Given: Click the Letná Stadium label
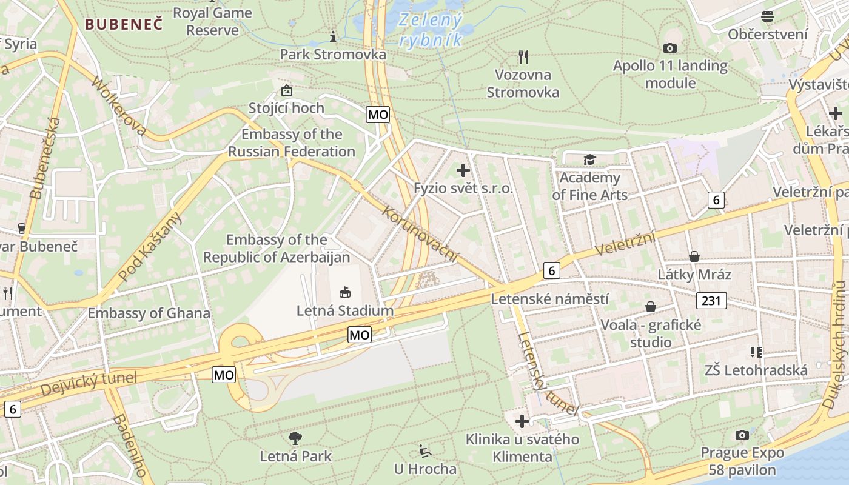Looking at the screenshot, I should [344, 311].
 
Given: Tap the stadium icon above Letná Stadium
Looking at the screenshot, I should [344, 293].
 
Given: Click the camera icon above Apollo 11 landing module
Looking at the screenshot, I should [670, 48].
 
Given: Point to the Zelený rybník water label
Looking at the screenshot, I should [431, 30].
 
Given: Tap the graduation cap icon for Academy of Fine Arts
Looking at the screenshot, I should [589, 159].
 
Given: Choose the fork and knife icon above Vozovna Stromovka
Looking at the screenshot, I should [523, 57].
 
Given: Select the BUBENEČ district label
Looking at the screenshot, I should [124, 24].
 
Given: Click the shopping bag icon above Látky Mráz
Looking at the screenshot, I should [694, 256].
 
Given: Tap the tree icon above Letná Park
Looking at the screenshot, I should [295, 438].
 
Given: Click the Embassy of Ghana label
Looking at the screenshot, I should [149, 313].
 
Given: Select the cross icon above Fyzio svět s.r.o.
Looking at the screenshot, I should [463, 170].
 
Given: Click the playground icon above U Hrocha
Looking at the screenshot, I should [425, 451].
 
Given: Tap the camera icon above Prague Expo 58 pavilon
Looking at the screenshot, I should [742, 435].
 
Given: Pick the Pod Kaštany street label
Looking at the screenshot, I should [150, 247].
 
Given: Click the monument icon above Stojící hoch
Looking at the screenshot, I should [286, 90].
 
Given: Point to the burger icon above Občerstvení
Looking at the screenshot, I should [768, 16].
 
